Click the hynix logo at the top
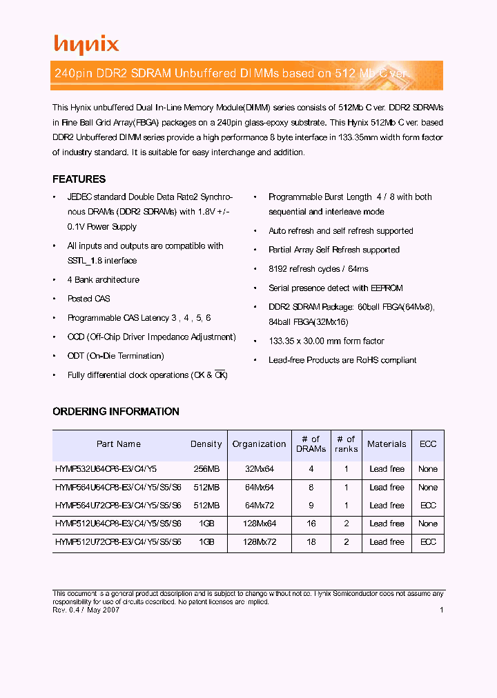86,45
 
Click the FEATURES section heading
79,179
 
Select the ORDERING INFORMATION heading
116,412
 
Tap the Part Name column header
119,444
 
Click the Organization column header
259,444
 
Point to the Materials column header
387,444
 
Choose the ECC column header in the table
428,444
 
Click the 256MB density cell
206,469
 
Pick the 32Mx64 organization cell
259,469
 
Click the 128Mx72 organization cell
259,542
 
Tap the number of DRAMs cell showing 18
311,542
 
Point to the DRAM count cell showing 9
311,506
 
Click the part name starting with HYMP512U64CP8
118,524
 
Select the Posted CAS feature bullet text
88,299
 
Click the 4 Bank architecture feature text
103,280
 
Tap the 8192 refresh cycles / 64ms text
318,269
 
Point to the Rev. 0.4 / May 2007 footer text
86,610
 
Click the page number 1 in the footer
441,610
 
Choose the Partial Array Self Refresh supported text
333,250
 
